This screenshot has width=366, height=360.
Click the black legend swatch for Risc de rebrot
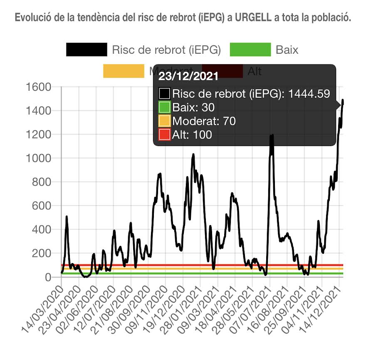(87, 50)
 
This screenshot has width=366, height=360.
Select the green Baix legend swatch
(250, 50)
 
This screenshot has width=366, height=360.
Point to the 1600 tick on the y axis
(38, 87)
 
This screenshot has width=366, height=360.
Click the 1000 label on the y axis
(38, 159)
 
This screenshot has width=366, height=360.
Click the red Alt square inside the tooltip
(165, 134)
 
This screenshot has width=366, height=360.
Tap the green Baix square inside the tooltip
(165, 107)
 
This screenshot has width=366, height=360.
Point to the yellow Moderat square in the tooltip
(165, 121)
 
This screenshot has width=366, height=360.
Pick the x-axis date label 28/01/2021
(182, 308)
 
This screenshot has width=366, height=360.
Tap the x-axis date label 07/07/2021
(252, 308)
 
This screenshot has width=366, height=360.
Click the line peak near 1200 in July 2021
(272, 136)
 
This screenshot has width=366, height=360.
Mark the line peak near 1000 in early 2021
(193, 155)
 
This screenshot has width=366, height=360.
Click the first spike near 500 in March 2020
(67, 217)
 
